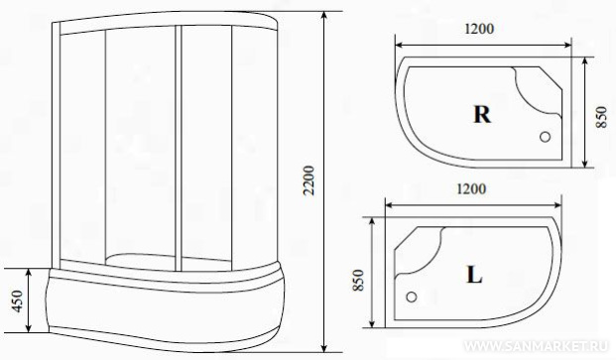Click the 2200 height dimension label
pos(309,180)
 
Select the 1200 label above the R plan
pos(479,29)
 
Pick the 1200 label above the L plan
pos(471,188)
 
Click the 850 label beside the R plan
pos(601,117)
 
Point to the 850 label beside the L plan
pos(358,280)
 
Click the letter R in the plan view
pos(482,115)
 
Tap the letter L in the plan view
pos(474,275)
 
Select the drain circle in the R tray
pos(545,137)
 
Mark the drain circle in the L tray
pos(412,297)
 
